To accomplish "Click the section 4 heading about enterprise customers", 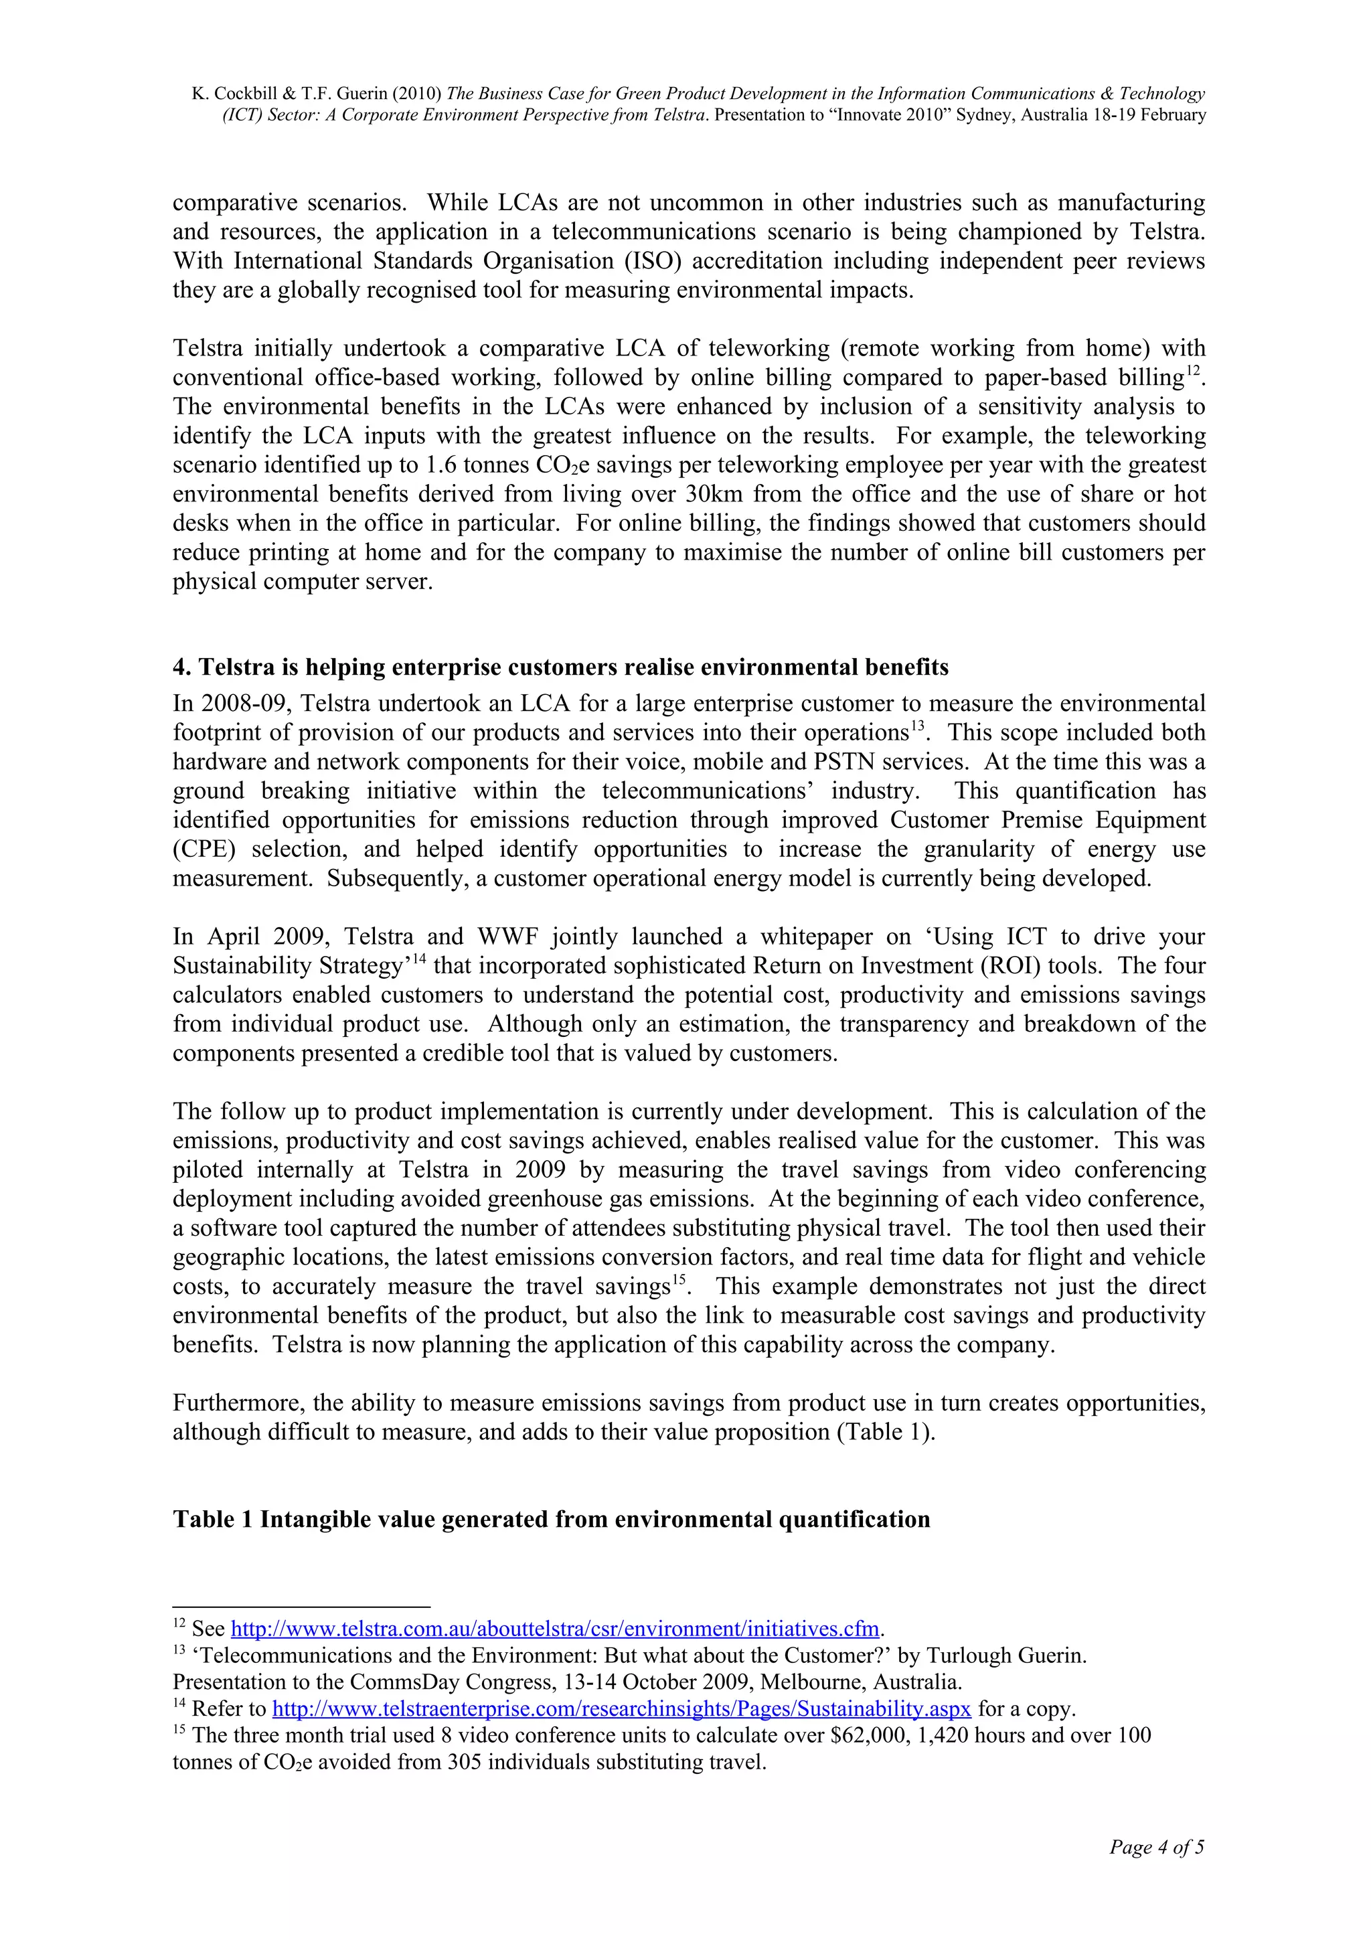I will coord(560,667).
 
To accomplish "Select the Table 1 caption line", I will coord(551,1519).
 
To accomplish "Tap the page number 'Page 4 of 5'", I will coord(1156,1847).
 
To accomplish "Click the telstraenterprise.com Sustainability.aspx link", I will coord(621,1708).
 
